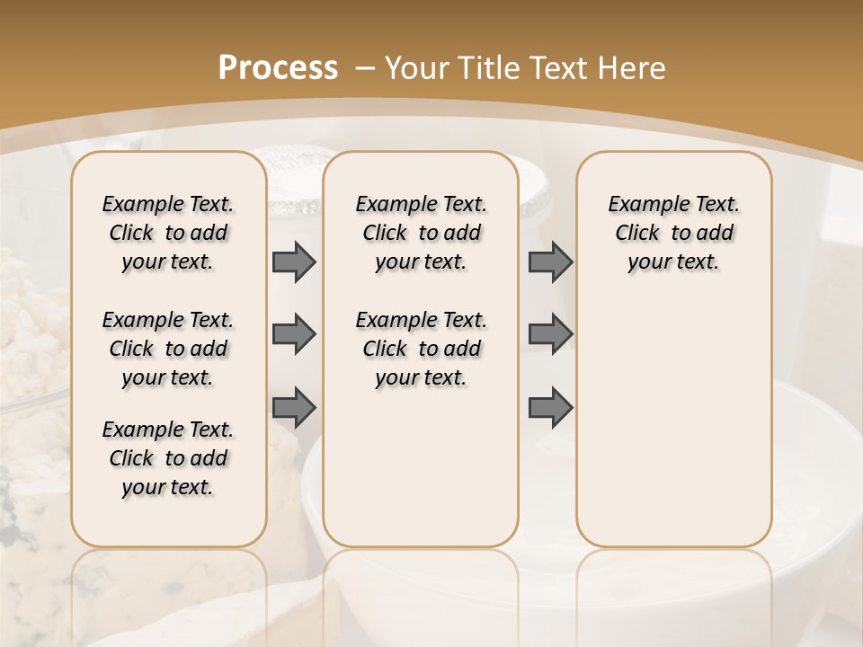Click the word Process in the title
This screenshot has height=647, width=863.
coord(279,67)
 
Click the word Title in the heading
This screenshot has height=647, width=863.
coord(491,68)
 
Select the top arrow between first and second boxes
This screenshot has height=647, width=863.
coord(293,262)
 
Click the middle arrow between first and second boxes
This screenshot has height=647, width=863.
coord(293,334)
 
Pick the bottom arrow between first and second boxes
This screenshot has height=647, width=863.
coord(293,407)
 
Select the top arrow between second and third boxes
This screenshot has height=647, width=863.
coord(550,262)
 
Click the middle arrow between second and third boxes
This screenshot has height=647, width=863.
coord(550,334)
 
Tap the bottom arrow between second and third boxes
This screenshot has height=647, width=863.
coord(550,407)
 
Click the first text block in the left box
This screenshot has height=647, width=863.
coord(168,233)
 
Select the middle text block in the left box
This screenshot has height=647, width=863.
coord(168,349)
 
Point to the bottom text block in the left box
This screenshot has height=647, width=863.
coord(168,458)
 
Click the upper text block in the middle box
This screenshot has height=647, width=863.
coord(421,233)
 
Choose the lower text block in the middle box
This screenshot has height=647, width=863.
coord(421,349)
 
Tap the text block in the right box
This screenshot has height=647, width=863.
coord(673,233)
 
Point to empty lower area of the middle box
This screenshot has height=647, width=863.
coord(421,467)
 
